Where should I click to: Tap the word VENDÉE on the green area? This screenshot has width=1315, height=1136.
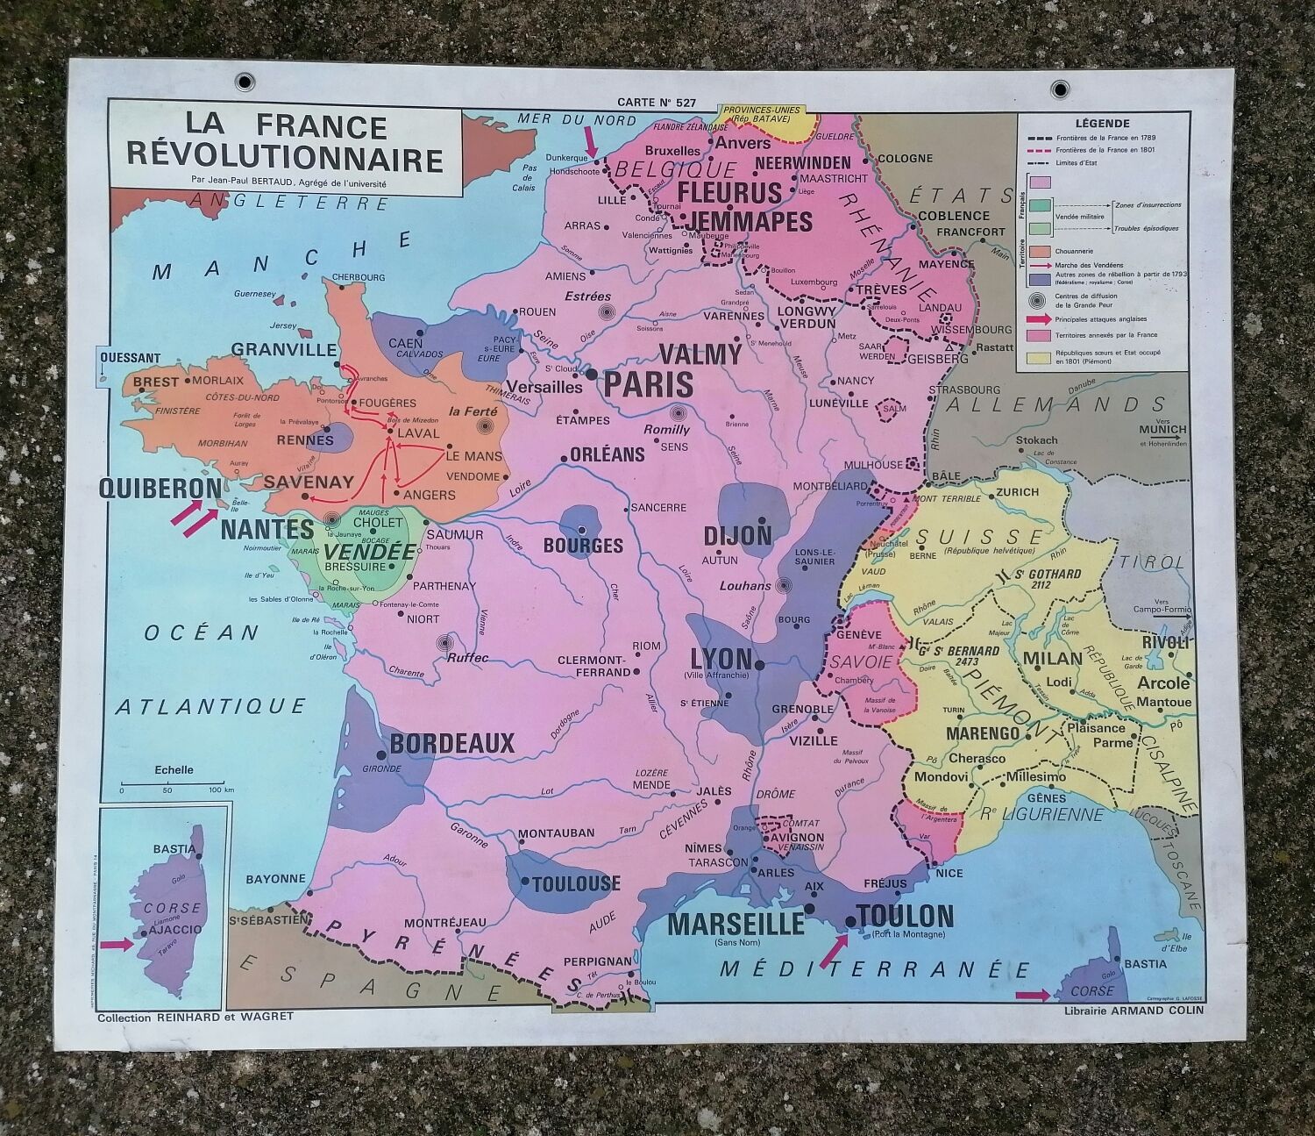[x=369, y=553]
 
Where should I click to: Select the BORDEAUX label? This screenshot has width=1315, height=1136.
[x=451, y=744]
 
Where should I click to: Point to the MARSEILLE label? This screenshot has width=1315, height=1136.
[x=736, y=924]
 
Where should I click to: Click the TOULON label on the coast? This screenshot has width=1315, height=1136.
[x=906, y=917]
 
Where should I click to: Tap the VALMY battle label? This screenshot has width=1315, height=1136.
[x=700, y=354]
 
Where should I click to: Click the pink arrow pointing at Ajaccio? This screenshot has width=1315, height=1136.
[x=114, y=945]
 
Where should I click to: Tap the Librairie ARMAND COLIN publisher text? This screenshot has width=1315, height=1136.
[x=1131, y=1010]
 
